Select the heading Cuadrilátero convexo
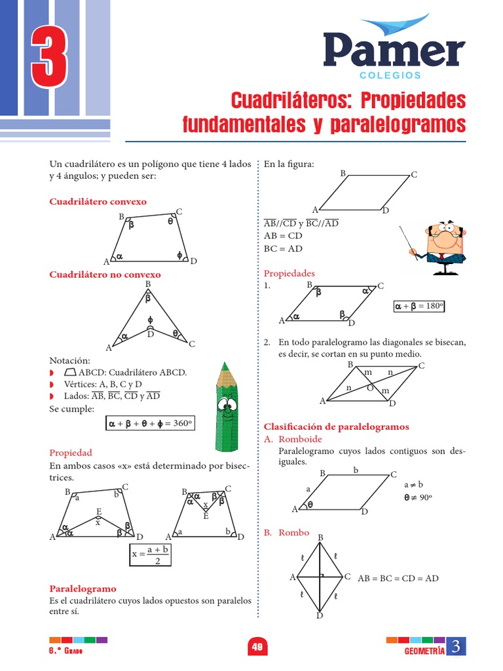(x=98, y=201)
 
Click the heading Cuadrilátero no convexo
(x=105, y=275)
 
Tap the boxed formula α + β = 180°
(x=419, y=305)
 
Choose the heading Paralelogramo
(x=83, y=588)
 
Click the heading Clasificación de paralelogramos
(x=336, y=427)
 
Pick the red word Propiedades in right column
(x=289, y=273)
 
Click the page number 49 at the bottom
(x=257, y=647)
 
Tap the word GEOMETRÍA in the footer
(x=424, y=650)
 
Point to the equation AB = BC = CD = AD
(x=398, y=578)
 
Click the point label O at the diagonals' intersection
(x=369, y=387)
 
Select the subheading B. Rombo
(x=286, y=533)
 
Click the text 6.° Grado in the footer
(x=66, y=649)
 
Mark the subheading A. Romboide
(x=292, y=439)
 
